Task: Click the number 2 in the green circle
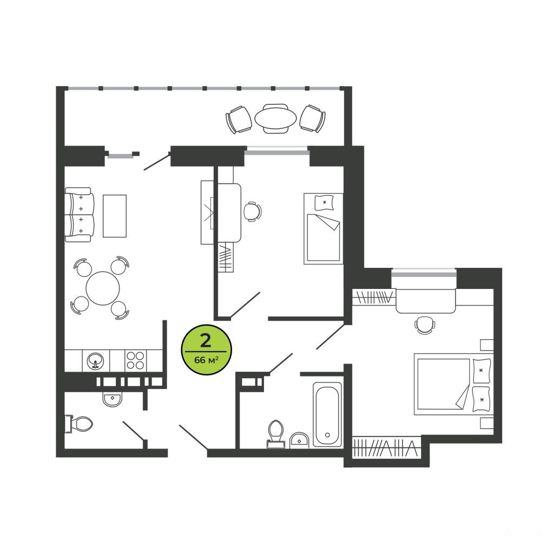pyautogui.click(x=206, y=341)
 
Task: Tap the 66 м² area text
pyautogui.click(x=206, y=360)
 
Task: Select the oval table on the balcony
pyautogui.click(x=275, y=118)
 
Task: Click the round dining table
pyautogui.click(x=103, y=288)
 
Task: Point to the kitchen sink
pyautogui.click(x=95, y=361)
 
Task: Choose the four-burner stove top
pyautogui.click(x=135, y=360)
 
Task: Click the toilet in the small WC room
pyautogui.click(x=79, y=423)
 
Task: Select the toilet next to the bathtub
pyautogui.click(x=276, y=434)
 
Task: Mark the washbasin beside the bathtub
pyautogui.click(x=299, y=440)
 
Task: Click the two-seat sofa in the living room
pyautogui.click(x=80, y=214)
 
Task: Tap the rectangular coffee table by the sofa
pyautogui.click(x=115, y=215)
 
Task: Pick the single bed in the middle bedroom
pyautogui.click(x=324, y=228)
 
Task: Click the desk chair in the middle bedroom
pyautogui.click(x=253, y=212)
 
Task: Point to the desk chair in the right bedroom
pyautogui.click(x=424, y=325)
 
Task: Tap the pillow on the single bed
pyautogui.click(x=325, y=203)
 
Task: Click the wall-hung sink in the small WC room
pyautogui.click(x=113, y=399)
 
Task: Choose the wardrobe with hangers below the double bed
pyautogui.click(x=387, y=447)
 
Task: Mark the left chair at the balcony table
pyautogui.click(x=239, y=120)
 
